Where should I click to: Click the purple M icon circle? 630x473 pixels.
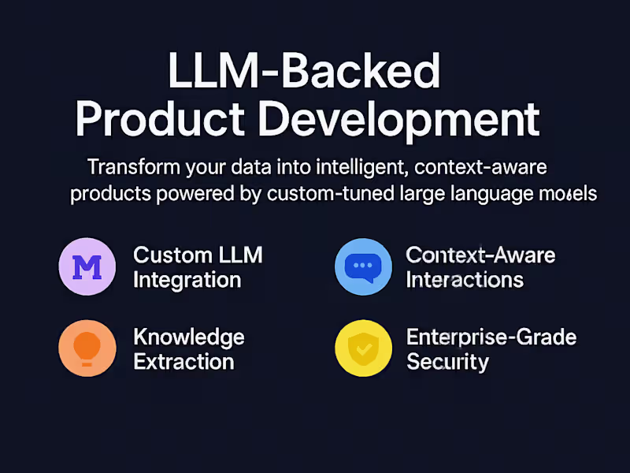(x=87, y=266)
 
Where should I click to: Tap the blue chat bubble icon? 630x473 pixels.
(x=362, y=266)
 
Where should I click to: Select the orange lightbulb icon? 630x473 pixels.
(x=87, y=348)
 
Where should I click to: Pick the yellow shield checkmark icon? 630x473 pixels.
(x=362, y=348)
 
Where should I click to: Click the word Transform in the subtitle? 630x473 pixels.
(x=133, y=168)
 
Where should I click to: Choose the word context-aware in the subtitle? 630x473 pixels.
(x=481, y=168)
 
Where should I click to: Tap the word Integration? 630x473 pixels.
(x=187, y=280)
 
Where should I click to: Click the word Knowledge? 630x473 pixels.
(x=189, y=337)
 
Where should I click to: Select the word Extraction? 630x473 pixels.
(x=183, y=363)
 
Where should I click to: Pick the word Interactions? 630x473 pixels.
(x=465, y=280)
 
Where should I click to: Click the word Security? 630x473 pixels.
(x=447, y=363)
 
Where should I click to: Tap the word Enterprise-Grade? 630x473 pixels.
(x=491, y=337)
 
